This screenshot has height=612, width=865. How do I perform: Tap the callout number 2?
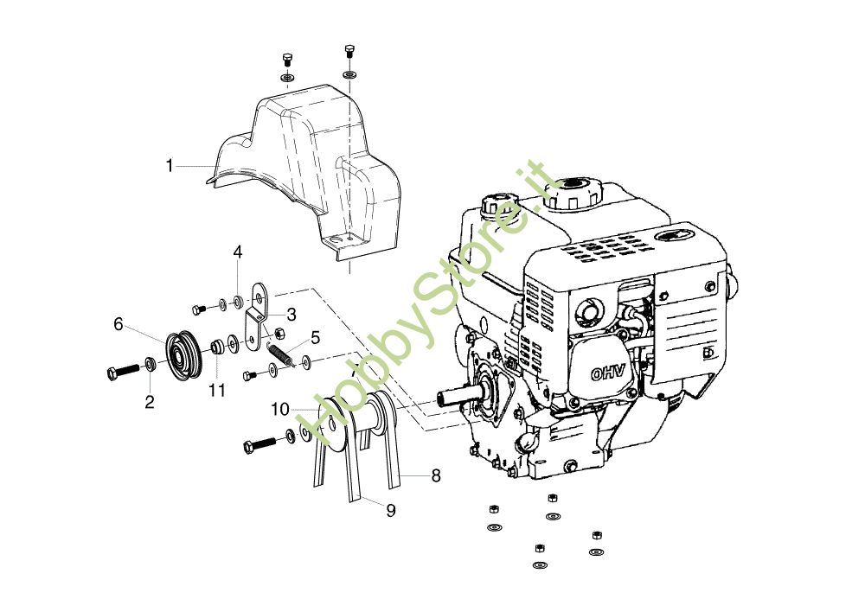click(x=149, y=402)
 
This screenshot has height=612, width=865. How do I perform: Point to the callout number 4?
click(x=237, y=252)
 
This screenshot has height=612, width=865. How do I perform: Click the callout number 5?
click(x=316, y=336)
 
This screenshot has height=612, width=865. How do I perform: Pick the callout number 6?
click(x=119, y=324)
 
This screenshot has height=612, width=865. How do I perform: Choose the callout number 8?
click(x=436, y=475)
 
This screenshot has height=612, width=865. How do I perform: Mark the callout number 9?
click(x=391, y=510)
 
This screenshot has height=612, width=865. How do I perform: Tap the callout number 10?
click(x=279, y=407)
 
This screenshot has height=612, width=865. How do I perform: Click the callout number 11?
click(x=216, y=390)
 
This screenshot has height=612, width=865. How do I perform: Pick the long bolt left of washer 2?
click(x=120, y=371)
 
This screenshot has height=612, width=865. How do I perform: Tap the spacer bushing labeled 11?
click(x=217, y=348)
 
